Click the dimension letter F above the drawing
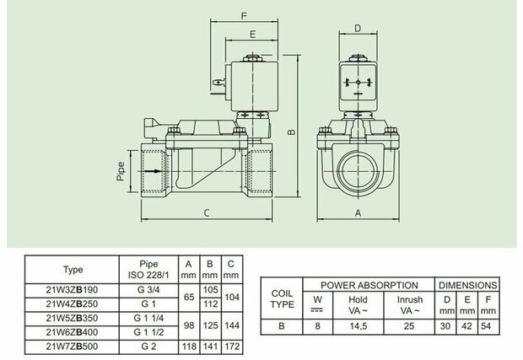[244, 16]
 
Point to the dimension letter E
[252, 35]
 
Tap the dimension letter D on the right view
[358, 28]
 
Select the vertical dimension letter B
[292, 132]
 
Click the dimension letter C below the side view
[207, 212]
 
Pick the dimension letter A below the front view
[358, 212]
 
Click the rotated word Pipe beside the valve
[121, 171]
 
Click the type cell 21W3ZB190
[72, 290]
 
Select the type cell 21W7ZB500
[72, 347]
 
